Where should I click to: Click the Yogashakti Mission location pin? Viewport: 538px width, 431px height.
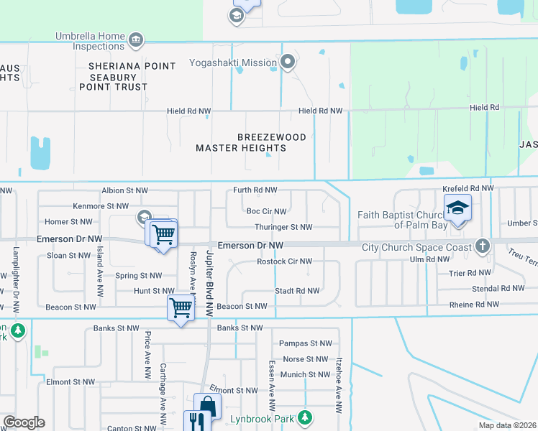coord(288,62)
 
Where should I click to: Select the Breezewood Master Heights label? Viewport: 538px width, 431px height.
coord(252,142)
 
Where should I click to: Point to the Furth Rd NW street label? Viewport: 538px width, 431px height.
coord(255,190)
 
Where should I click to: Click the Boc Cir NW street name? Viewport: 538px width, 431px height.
coord(266,211)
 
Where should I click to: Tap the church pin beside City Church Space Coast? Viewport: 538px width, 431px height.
coord(483,246)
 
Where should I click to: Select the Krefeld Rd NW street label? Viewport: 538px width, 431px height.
coord(468,187)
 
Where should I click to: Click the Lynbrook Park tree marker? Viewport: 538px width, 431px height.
coord(305,417)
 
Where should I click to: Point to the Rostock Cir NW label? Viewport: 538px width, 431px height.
coord(284,261)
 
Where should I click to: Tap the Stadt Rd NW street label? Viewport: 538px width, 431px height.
coord(297,291)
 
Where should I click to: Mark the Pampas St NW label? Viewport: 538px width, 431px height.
coord(305,344)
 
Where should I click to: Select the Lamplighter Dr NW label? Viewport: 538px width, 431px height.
coord(16,279)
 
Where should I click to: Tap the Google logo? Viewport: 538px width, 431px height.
coord(24,422)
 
